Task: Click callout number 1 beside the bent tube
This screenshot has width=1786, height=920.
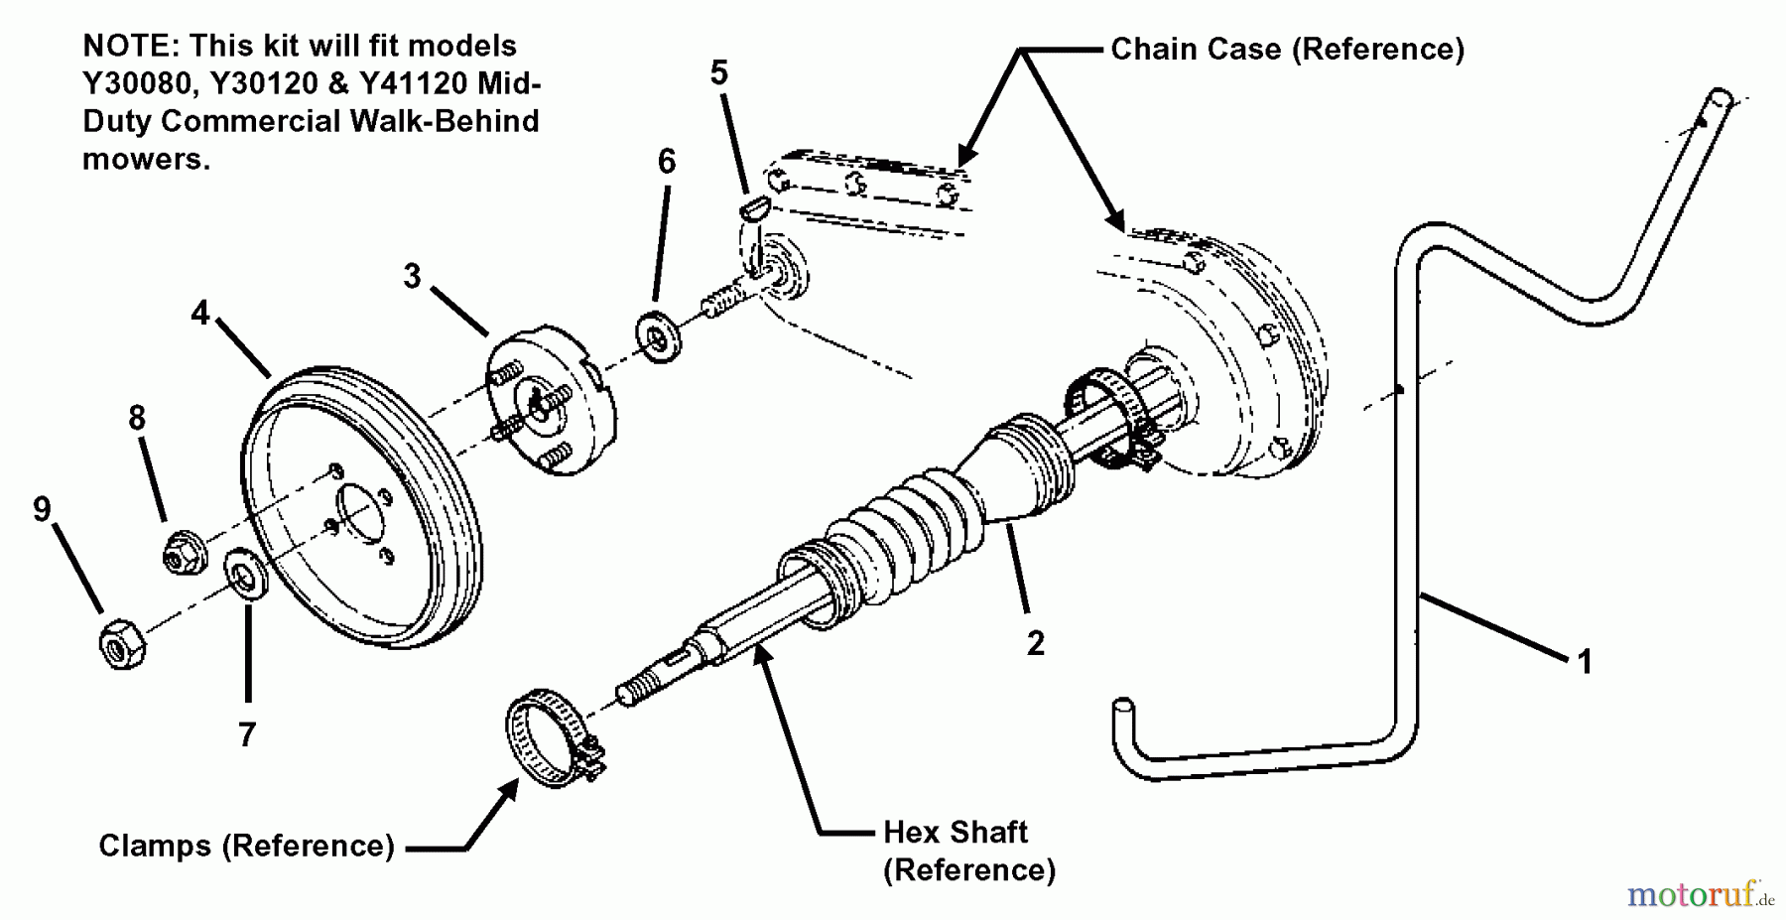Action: pos(1584,661)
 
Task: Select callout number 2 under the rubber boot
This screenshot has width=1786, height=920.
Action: pos(1035,643)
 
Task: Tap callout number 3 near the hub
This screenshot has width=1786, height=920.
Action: pos(412,276)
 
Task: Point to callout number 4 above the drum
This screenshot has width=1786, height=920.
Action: pos(200,314)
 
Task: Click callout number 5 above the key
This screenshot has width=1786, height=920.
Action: pos(719,72)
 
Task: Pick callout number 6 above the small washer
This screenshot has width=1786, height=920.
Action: pos(667,161)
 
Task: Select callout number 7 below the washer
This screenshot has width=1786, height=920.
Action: pos(247,734)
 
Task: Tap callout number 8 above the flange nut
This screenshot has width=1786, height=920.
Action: pos(137,418)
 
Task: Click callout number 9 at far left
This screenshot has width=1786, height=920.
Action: pos(42,509)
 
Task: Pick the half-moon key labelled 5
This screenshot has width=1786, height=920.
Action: pos(755,206)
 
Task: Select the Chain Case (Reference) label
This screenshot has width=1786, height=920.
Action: pos(1287,49)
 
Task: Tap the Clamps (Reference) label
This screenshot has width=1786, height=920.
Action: pos(246,846)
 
